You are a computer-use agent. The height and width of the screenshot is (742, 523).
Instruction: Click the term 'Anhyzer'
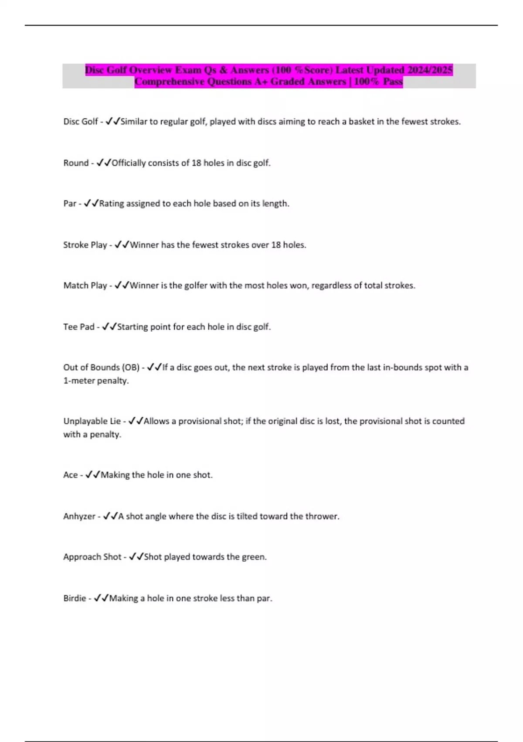[79, 516]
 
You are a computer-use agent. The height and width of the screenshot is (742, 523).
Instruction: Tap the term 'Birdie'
[75, 598]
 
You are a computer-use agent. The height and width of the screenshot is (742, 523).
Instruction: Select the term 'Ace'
[70, 475]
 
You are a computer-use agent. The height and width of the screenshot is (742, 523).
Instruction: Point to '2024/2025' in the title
[430, 70]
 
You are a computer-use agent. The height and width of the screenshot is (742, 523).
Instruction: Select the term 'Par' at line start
[70, 203]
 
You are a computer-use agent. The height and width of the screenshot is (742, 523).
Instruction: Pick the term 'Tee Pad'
[78, 327]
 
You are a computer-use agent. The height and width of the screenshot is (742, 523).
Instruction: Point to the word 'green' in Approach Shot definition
[253, 557]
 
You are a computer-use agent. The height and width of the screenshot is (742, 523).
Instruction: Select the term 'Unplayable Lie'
[92, 421]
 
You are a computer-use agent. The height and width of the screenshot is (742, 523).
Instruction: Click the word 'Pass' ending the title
[393, 82]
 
